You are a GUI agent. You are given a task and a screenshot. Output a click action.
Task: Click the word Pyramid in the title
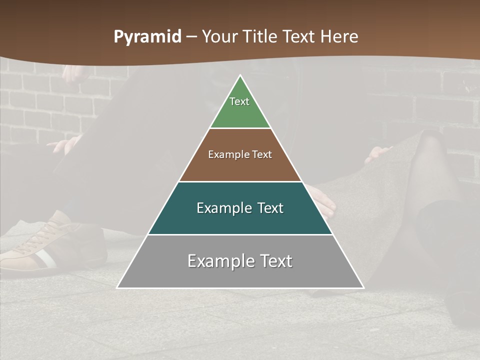pos(147,37)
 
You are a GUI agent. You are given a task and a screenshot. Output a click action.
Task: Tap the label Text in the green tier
pos(239,101)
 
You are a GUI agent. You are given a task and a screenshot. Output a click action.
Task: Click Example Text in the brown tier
pos(240,154)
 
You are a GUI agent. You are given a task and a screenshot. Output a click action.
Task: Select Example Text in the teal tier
pos(240,208)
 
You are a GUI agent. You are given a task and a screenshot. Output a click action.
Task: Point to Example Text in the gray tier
pos(240,261)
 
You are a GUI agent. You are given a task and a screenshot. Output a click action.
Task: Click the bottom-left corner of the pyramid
pos(117,287)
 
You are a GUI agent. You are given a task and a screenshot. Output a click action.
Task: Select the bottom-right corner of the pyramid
pos(363,287)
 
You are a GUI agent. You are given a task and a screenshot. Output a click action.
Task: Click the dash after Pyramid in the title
pos(192,37)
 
